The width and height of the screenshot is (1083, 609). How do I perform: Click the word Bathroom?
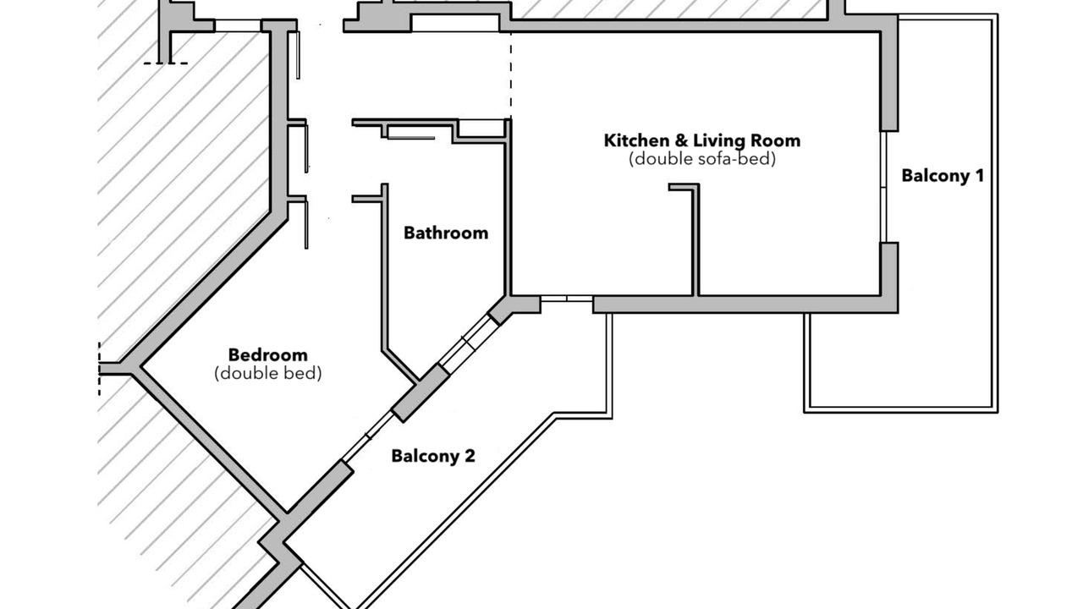[446, 233]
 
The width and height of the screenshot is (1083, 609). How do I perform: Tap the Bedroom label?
[268, 355]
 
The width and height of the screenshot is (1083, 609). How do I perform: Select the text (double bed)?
[268, 373]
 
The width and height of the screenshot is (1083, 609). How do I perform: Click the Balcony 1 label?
[943, 175]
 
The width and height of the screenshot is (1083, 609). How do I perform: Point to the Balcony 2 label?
[432, 456]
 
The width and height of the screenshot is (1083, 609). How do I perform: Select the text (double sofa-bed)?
[702, 158]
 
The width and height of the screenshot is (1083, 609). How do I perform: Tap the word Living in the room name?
[719, 141]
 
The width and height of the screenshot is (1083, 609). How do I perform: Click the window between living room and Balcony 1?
[883, 187]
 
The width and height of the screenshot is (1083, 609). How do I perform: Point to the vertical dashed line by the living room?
[510, 75]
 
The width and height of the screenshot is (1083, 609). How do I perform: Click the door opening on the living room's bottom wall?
[567, 299]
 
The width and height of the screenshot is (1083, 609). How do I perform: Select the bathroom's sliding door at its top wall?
[411, 138]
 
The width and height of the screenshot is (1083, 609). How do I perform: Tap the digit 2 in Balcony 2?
[470, 456]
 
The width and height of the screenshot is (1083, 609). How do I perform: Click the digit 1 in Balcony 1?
[980, 175]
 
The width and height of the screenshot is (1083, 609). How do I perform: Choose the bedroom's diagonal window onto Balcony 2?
[368, 436]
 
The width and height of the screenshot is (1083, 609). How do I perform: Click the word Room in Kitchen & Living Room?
[776, 140]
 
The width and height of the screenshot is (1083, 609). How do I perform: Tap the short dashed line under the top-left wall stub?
[166, 63]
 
